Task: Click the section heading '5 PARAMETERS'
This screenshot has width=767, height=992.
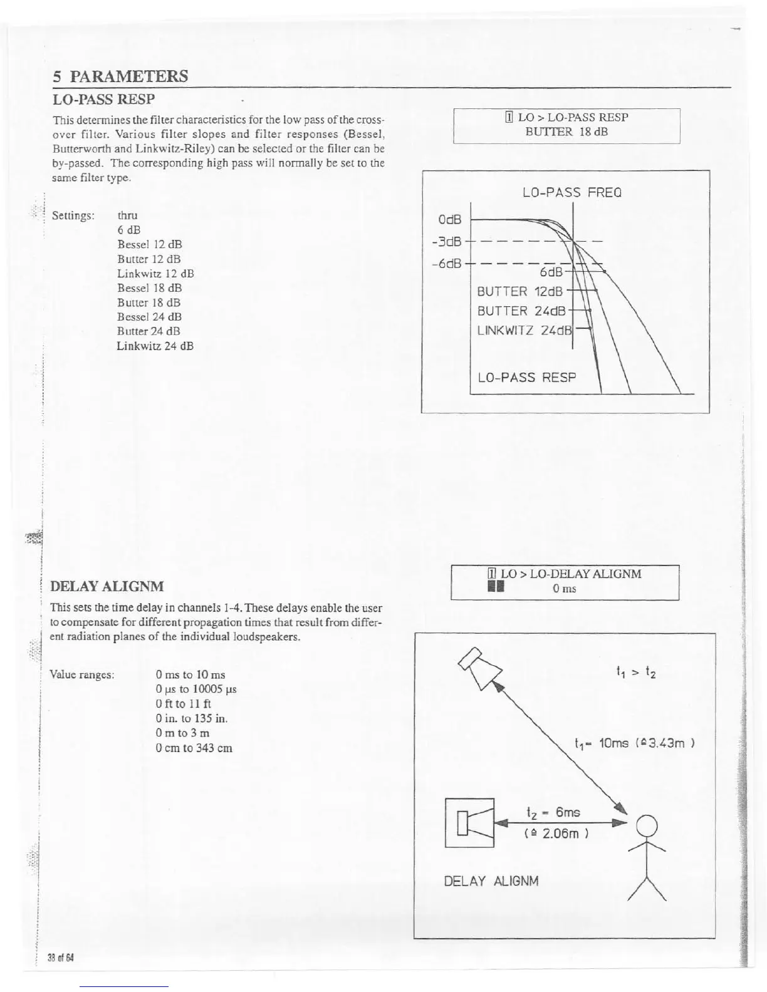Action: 120,76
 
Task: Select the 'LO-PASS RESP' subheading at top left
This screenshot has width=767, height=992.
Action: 103,99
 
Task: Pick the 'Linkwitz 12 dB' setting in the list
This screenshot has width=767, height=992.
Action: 155,274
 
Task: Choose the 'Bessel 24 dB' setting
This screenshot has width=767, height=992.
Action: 149,317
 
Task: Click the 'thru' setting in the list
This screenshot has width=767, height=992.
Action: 127,215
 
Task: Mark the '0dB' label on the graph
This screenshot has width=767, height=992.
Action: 449,220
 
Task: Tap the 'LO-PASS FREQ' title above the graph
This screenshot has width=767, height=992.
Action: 571,192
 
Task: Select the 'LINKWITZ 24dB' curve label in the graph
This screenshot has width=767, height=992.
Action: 525,330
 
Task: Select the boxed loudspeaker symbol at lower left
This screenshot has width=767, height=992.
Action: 469,822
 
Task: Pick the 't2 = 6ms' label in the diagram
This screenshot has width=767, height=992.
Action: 553,812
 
